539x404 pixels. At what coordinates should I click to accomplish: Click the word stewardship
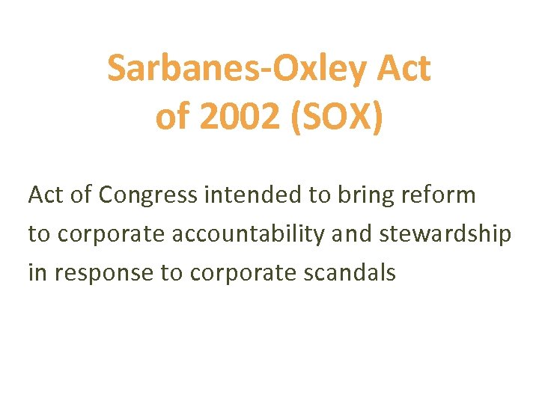tap(446, 234)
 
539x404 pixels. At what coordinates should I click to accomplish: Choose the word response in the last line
tap(101, 273)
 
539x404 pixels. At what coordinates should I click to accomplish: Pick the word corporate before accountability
tap(112, 234)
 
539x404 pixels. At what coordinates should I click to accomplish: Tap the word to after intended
tap(317, 195)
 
